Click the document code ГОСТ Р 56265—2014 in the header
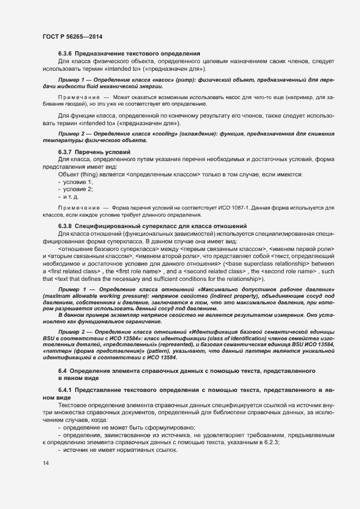point(72,36)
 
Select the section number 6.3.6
point(65,53)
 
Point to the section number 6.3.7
point(65,151)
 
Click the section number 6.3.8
point(65,225)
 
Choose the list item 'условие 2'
point(80,188)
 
